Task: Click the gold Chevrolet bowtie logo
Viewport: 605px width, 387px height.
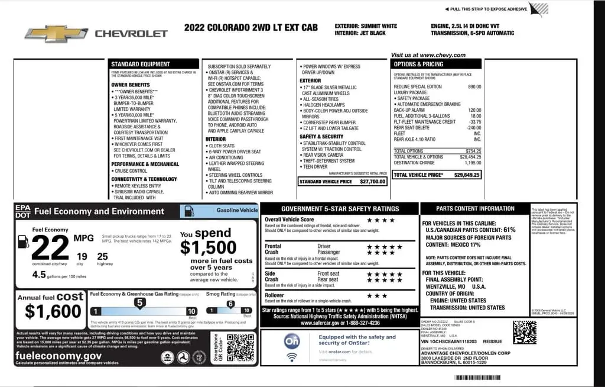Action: pos(56,34)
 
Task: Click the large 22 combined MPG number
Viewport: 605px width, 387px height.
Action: pos(51,247)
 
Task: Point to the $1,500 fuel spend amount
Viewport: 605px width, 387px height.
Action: pos(208,247)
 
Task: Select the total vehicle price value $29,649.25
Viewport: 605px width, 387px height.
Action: pos(467,175)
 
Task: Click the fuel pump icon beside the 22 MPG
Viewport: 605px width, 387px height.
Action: pos(23,241)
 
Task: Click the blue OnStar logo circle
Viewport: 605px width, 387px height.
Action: pos(291,343)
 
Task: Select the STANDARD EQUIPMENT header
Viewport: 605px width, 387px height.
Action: pos(140,64)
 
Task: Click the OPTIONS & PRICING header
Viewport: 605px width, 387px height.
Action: pos(418,64)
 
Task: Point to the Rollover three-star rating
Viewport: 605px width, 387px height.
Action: pos(377,295)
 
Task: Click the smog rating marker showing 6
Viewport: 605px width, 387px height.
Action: pos(230,304)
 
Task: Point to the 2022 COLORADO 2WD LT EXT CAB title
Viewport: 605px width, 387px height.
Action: pos(251,27)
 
